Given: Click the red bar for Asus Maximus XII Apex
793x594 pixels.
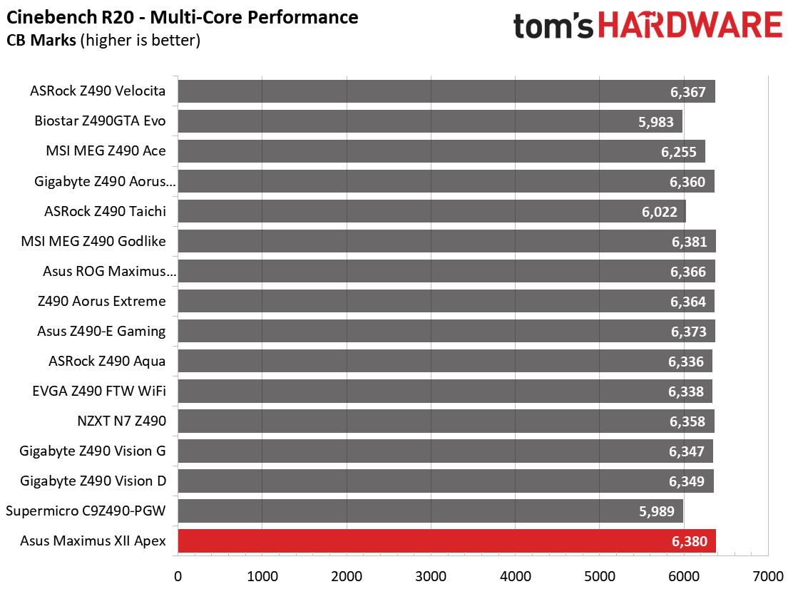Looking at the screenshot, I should (446, 541).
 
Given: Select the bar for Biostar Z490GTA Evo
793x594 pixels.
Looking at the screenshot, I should (430, 121).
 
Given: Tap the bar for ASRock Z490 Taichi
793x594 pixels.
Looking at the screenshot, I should (431, 212).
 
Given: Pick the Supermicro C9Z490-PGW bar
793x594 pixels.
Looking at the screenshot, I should (430, 511).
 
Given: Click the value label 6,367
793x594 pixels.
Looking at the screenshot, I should (688, 92).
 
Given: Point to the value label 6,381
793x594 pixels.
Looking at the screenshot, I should (689, 242).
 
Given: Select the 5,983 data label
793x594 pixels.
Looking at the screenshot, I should (656, 122).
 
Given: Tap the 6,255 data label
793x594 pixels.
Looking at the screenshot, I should (678, 152).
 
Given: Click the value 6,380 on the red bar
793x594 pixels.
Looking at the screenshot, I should (689, 542).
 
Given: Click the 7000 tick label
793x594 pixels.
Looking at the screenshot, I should (768, 575).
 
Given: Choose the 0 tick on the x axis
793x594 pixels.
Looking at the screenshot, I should (178, 575).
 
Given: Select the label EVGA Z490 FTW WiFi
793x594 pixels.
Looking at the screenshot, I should (99, 391).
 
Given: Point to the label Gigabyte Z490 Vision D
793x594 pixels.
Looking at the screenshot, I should (93, 481).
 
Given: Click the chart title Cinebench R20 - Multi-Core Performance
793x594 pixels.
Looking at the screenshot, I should (183, 16).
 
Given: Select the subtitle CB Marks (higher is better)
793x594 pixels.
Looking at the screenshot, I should (103, 41).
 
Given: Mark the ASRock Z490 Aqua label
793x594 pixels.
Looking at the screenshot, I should (107, 361).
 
